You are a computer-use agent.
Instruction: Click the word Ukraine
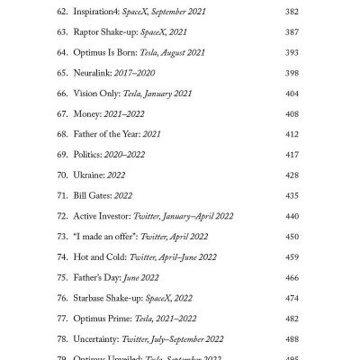click(94, 175)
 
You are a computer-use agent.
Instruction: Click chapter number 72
click(63, 216)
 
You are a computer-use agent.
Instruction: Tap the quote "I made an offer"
click(105, 237)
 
